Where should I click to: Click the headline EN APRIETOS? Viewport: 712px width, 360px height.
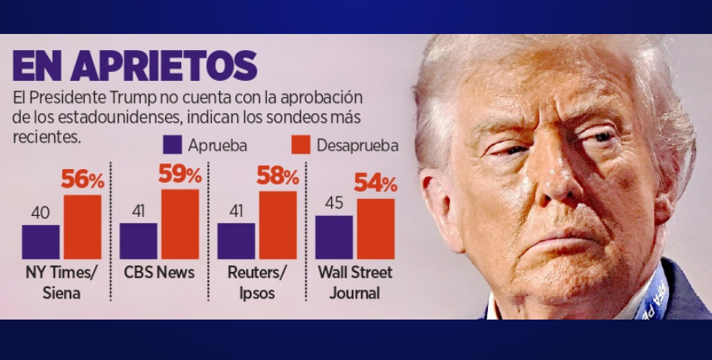click(x=134, y=66)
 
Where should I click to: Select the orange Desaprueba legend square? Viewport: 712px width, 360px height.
click(x=301, y=145)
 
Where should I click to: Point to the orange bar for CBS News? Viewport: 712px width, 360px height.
click(x=180, y=224)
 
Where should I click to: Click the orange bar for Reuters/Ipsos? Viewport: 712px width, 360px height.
click(x=278, y=225)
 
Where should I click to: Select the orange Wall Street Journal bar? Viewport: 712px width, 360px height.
click(x=375, y=229)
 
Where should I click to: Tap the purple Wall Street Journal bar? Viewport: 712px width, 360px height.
click(x=334, y=237)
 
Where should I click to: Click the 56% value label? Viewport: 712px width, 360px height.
click(x=83, y=180)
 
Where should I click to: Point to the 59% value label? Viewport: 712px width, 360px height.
click(x=180, y=174)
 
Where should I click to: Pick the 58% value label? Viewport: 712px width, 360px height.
click(x=278, y=176)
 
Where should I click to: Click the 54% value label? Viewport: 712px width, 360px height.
click(x=375, y=184)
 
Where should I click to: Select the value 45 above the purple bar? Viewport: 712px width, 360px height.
click(x=334, y=203)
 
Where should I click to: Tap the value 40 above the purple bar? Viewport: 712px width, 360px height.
click(x=40, y=213)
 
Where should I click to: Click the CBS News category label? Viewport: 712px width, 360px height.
click(x=159, y=273)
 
